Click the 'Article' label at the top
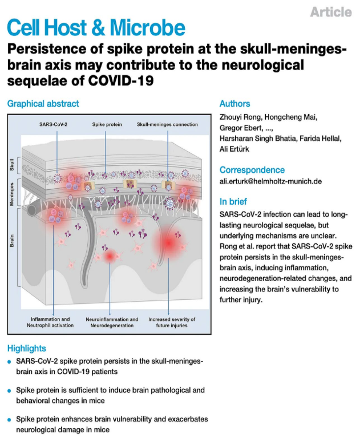coord(331,11)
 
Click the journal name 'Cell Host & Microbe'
coord(96,27)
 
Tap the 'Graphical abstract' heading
coord(43,104)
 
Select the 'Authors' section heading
coord(234,104)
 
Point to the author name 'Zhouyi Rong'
coord(240,117)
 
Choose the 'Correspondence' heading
coord(252,170)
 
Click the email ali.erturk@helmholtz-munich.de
coord(270,181)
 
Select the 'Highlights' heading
coord(27,348)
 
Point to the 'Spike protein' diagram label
coord(107,124)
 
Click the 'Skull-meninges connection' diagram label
coord(167,124)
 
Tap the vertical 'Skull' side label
coord(13,166)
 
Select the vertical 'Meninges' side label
coord(13,194)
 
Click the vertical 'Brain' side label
coord(13,240)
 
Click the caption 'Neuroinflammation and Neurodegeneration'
coord(112,322)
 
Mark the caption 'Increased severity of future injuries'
coord(171,322)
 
